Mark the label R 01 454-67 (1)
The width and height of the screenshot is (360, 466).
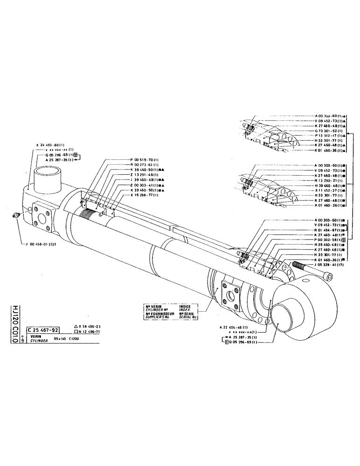click(332, 230)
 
